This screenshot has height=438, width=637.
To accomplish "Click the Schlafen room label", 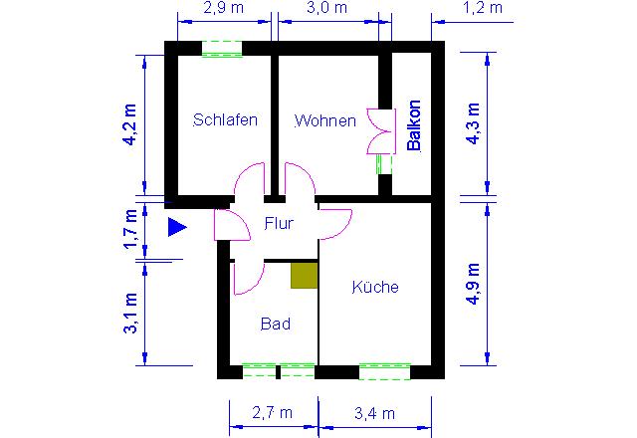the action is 225,119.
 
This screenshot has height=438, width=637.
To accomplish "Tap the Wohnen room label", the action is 325,120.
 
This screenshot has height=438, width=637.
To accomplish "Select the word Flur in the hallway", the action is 279,223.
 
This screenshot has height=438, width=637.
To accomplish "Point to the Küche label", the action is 375,287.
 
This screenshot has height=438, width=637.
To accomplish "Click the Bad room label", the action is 276,324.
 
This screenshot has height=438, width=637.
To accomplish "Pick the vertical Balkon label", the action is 414,125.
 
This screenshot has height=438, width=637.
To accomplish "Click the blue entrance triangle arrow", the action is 177,227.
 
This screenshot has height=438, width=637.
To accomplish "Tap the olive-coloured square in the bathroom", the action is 304,276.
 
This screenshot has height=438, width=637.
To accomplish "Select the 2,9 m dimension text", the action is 223,8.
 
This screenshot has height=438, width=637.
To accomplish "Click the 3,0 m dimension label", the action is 327,8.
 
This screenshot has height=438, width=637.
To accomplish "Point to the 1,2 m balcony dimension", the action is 482,8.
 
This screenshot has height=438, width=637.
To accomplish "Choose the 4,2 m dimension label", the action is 130,124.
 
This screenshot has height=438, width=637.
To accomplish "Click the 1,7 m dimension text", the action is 130,229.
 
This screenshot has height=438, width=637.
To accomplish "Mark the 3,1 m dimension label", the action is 130,313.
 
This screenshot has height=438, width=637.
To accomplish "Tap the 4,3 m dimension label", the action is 474,123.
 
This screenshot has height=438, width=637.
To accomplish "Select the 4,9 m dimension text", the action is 474,284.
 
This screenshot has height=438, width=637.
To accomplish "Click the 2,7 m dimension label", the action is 272,413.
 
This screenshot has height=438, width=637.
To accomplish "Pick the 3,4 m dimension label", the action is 374,414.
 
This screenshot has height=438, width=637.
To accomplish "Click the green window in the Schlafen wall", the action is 222,49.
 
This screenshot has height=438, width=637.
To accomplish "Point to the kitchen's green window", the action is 385,371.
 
